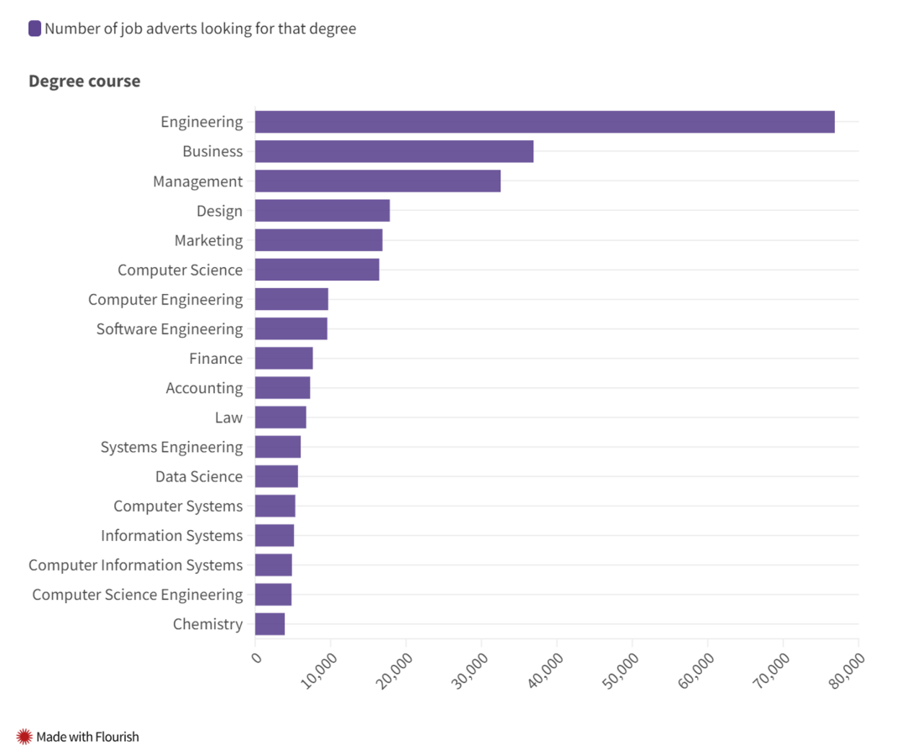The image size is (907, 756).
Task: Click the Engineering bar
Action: [545, 122]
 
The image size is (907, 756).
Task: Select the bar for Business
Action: [394, 151]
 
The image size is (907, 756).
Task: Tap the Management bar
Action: [378, 181]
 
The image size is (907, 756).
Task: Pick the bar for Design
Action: [322, 211]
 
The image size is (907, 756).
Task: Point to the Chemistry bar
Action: [270, 624]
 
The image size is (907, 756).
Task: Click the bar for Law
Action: [280, 417]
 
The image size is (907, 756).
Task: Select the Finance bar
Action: [284, 358]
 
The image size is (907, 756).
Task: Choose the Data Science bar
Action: [276, 476]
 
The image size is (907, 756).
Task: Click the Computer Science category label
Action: [180, 270]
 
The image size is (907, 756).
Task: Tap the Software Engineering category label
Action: [170, 329]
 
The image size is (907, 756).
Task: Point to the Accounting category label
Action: [204, 388]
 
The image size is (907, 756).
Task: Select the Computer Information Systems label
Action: [135, 565]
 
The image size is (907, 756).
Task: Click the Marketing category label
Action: [208, 240]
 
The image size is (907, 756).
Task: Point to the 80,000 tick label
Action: [847, 670]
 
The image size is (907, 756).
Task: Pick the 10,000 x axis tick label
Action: [319, 670]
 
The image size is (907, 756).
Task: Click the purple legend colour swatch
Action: [34, 29]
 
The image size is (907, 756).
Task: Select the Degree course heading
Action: [85, 81]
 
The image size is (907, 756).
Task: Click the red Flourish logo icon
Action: [24, 737]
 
